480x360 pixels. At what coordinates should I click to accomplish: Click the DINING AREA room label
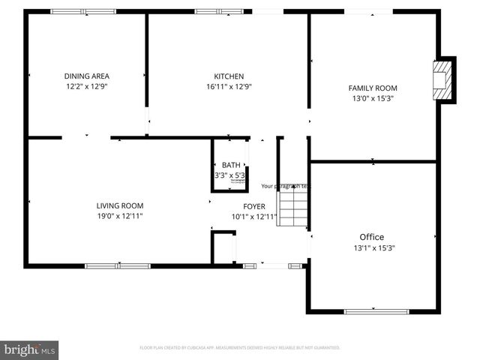click(87, 76)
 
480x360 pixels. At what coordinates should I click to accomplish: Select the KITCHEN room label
click(229, 76)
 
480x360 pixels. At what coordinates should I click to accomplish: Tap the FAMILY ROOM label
click(373, 88)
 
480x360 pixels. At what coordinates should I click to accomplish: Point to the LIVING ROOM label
click(120, 205)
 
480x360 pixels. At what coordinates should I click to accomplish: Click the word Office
click(372, 237)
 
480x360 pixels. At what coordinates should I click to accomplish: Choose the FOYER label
click(254, 206)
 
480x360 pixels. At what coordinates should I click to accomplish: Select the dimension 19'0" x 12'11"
click(120, 216)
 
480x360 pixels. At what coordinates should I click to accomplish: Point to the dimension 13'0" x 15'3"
click(373, 97)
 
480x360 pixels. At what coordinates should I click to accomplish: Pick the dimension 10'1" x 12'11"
click(254, 217)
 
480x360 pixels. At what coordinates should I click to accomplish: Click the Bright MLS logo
click(29, 349)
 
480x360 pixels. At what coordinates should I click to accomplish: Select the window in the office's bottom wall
click(376, 311)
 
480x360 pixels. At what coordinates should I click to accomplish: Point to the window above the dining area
click(82, 11)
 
